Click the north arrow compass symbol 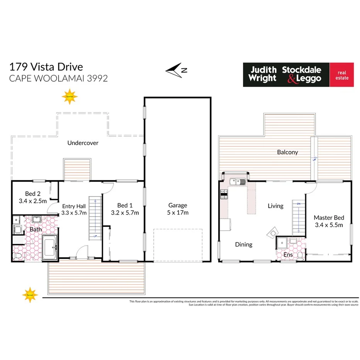[176, 70]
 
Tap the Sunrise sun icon [70, 97]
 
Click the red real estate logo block [341, 75]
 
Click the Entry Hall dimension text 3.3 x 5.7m [74, 213]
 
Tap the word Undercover [83, 143]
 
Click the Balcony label [287, 152]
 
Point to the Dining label [243, 245]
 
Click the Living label [275, 206]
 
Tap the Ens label [288, 255]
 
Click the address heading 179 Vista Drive [46, 67]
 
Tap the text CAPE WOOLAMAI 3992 [58, 78]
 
